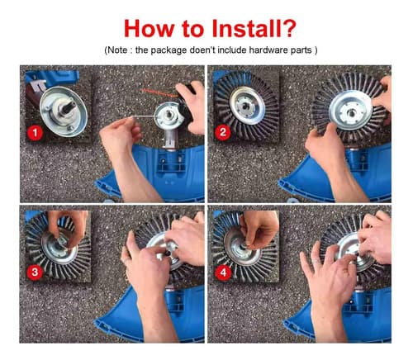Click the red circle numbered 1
point(35,133)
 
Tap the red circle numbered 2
point(222,132)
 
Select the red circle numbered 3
point(35,272)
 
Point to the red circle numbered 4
point(223,272)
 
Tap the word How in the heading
point(149,28)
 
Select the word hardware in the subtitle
point(265,50)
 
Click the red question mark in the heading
point(289,28)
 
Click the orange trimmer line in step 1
point(158,92)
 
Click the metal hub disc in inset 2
point(247,106)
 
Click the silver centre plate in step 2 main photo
point(350,110)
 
